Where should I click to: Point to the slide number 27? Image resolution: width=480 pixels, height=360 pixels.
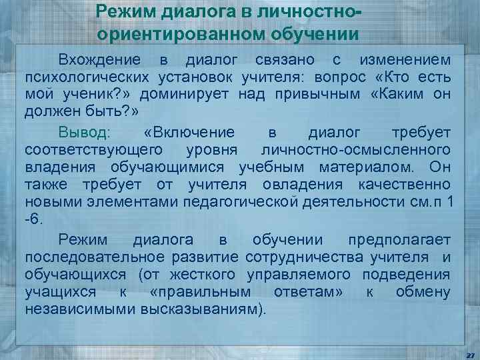coord(469,354)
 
